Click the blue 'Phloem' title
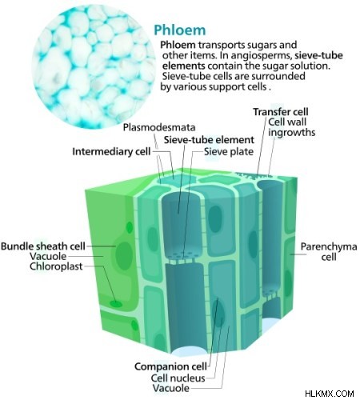180,30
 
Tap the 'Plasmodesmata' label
159,127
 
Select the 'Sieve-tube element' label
209,140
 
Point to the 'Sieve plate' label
229,151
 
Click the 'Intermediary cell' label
111,151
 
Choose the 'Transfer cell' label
281,112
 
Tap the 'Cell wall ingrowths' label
291,127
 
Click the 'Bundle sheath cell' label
43,246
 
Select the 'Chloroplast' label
56,266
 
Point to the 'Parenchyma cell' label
329,251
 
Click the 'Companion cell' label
170,366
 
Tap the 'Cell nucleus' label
178,378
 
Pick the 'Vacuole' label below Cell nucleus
171,388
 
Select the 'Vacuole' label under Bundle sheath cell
48,256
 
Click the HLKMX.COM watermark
330,394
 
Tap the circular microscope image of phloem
94,66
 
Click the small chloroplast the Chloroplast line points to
116,303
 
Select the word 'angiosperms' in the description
262,56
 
